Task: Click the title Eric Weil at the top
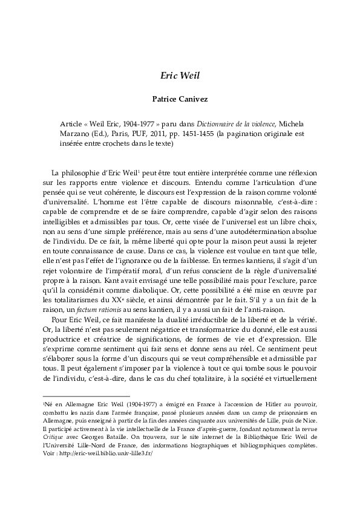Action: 180,76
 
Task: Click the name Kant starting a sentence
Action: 79,264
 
